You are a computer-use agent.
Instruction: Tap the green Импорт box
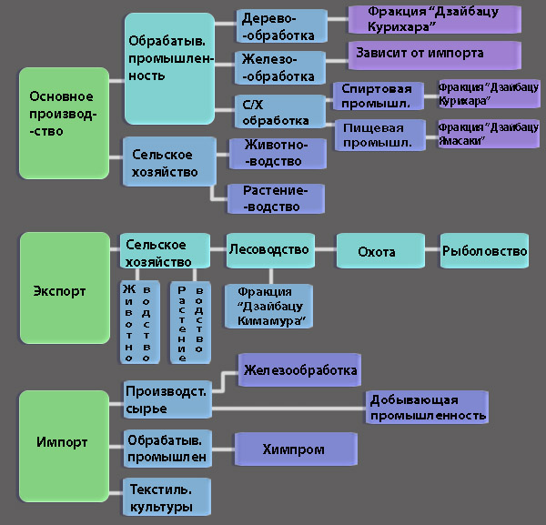63,443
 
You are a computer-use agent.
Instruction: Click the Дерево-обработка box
281,25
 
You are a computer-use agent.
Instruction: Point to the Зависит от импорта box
434,54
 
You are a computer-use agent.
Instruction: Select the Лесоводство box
268,249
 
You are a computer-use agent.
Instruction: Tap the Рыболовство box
485,250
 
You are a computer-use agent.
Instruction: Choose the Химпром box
294,449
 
